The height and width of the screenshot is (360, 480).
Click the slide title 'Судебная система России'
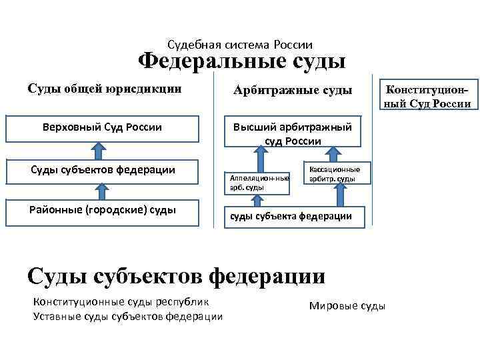[x=240, y=45]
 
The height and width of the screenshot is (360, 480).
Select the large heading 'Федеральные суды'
[x=241, y=63]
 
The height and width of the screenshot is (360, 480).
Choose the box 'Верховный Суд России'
[x=103, y=128]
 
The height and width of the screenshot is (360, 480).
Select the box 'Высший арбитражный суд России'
[x=292, y=133]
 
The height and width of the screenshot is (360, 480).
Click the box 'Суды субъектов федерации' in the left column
[x=103, y=170]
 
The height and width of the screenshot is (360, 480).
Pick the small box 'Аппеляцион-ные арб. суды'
[x=259, y=182]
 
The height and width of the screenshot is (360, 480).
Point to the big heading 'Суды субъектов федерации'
[x=176, y=275]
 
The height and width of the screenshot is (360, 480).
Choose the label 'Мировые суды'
[x=347, y=306]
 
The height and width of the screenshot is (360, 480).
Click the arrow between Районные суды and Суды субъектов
[x=102, y=191]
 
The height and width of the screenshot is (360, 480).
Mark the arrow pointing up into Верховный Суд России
[x=102, y=151]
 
